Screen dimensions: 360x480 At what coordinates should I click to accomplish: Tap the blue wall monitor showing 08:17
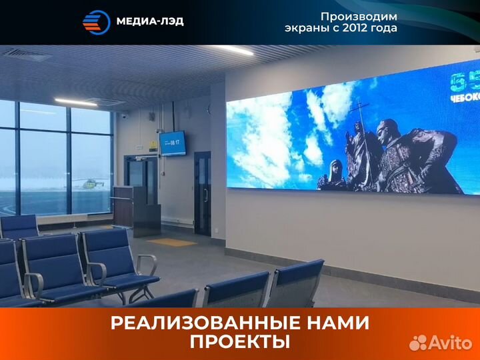[x=172, y=143]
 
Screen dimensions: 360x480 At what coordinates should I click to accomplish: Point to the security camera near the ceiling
[x=123, y=115]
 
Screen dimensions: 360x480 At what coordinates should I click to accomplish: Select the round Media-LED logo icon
[x=95, y=21]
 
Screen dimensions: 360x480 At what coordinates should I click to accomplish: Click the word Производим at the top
[x=358, y=16]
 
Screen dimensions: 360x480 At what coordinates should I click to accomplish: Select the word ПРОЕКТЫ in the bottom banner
[x=240, y=343]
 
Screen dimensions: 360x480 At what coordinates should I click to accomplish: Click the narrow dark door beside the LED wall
[x=202, y=193]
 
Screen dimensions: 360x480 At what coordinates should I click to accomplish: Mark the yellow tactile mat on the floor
[x=171, y=243]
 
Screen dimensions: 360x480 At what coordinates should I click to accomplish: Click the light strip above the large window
[x=76, y=102]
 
